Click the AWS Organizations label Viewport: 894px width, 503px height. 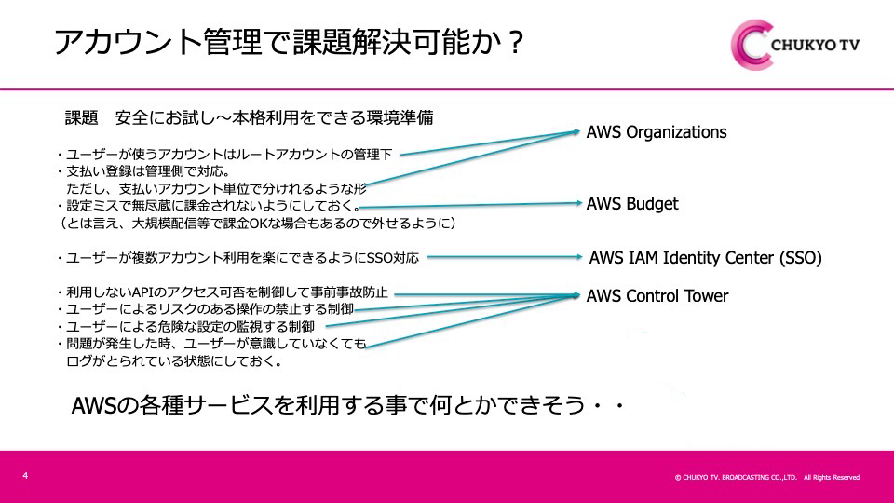656,132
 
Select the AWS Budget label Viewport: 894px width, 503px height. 632,204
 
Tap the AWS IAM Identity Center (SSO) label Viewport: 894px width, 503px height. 706,258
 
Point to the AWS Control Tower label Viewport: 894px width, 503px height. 657,297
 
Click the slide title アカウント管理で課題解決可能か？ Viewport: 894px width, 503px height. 290,43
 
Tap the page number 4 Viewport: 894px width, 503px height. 25,476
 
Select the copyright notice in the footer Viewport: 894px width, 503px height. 766,477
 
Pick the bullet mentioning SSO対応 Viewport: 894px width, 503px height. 237,257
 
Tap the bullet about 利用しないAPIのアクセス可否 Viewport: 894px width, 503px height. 223,292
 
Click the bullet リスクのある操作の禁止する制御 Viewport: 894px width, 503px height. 204,309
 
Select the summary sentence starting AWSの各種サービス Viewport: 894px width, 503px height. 345,406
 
